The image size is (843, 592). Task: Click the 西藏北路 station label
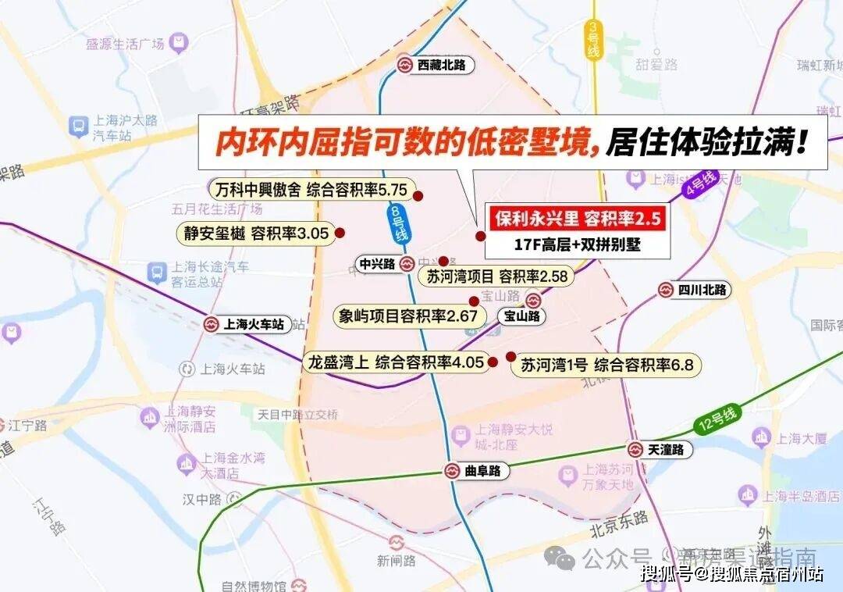pos(441,66)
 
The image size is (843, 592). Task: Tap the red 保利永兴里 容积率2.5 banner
pos(578,218)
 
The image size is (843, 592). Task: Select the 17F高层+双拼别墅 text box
pos(578,244)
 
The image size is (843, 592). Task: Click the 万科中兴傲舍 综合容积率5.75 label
pos(311,190)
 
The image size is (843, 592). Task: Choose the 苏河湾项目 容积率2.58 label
pos(496,276)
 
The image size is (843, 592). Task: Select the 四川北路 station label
pos(702,290)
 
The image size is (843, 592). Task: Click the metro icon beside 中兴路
pos(406,265)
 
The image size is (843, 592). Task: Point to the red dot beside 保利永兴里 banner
pos(480,235)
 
